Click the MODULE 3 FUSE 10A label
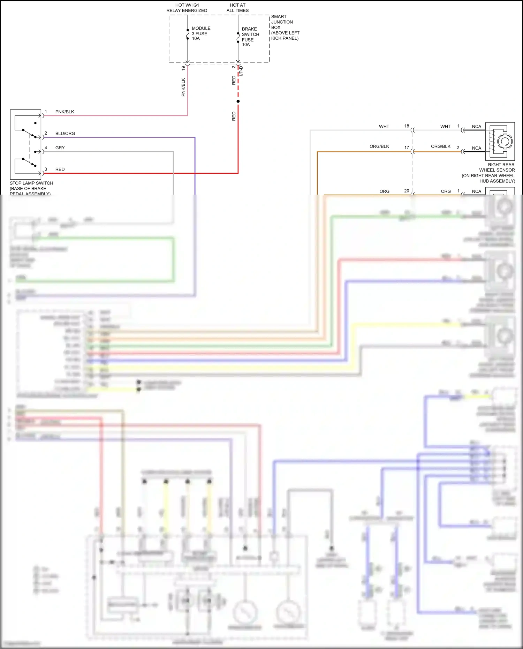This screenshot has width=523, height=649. click(201, 33)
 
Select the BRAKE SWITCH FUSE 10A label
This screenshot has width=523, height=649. click(250, 37)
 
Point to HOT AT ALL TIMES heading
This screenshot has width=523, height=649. click(237, 8)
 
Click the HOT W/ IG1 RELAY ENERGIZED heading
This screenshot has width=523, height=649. click(187, 8)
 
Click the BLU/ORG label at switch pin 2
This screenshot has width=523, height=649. click(65, 134)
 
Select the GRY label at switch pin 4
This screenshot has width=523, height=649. click(60, 148)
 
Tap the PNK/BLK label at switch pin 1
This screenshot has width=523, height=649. click(65, 112)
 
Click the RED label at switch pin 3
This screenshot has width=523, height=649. click(60, 169)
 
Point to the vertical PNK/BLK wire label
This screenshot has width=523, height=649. click(183, 87)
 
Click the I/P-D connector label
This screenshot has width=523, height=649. click(241, 71)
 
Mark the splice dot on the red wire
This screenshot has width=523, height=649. click(238, 101)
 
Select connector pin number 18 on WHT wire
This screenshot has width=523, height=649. click(407, 126)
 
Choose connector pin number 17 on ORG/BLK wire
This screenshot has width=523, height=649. click(407, 148)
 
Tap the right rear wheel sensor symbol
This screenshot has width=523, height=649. click(500, 141)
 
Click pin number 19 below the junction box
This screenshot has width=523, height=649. click(183, 68)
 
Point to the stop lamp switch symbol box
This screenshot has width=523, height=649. click(26, 144)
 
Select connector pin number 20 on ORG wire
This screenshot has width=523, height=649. click(407, 191)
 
